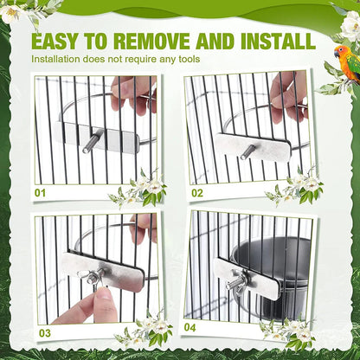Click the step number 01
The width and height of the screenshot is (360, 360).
[41, 192]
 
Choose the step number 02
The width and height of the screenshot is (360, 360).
[196, 192]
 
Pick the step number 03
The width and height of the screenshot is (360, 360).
[43, 331]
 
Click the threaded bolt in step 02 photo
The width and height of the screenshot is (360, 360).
[248, 150]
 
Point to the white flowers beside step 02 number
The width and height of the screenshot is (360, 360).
[299, 186]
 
